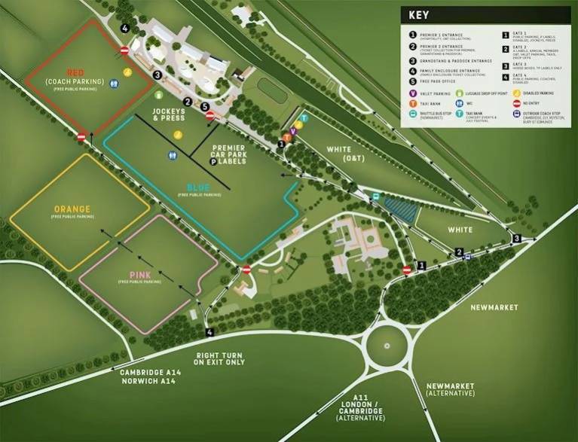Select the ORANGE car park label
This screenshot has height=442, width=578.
point(72,209)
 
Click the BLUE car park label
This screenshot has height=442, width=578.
point(199,187)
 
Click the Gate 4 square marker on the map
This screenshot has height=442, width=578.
point(209,331)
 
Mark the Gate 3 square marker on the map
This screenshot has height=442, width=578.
point(516,239)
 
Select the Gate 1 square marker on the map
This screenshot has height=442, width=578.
point(422,265)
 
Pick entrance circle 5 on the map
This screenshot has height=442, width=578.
point(205,106)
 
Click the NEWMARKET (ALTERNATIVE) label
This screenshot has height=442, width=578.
point(451,389)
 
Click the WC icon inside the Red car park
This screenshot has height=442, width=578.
point(114,85)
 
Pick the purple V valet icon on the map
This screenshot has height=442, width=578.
point(293,131)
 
